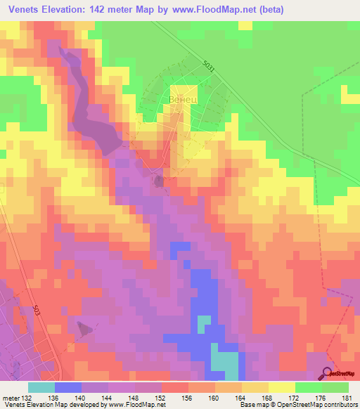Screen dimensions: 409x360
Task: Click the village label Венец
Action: tap(182, 100)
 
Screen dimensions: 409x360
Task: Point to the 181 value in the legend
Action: tap(344, 397)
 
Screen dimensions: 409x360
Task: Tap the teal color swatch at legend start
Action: tap(41, 387)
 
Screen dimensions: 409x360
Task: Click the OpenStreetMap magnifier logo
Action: tap(328, 372)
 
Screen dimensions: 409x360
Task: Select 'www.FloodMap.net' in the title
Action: tap(220, 10)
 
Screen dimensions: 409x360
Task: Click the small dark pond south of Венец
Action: tap(159, 182)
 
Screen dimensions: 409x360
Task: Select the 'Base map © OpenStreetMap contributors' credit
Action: tap(296, 405)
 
